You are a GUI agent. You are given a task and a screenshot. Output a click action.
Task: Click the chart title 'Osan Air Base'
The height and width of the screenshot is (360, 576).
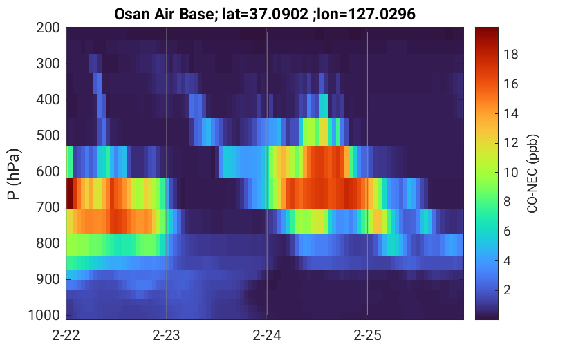[x=163, y=15]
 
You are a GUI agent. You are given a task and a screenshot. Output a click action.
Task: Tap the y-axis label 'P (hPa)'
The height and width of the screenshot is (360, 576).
[x=14, y=174]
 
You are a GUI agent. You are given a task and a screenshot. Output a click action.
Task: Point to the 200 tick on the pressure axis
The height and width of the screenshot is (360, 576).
[x=48, y=28]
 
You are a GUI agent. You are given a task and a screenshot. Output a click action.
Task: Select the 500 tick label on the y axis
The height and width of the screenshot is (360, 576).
[x=48, y=135]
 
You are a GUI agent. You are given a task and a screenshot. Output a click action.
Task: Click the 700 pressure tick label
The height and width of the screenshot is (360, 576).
[x=48, y=207]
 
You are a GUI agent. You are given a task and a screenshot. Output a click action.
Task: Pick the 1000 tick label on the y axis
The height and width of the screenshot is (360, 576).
[x=44, y=315]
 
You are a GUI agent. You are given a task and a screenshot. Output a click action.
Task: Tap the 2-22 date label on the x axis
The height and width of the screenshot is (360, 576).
[x=66, y=335]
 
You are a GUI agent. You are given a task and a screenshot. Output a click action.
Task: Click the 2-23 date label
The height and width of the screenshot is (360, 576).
[x=167, y=335]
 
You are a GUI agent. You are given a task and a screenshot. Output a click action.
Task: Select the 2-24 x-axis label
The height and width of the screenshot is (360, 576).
[x=267, y=335]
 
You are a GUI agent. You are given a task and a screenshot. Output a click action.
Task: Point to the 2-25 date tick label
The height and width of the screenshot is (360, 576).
[x=367, y=335]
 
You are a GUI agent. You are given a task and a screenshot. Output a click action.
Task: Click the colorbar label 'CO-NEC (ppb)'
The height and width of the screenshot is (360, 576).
[x=532, y=173]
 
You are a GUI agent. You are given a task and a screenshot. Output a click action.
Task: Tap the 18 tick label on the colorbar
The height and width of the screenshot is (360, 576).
[x=511, y=55]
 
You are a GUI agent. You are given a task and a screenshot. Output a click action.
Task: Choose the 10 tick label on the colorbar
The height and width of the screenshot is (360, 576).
[x=511, y=173]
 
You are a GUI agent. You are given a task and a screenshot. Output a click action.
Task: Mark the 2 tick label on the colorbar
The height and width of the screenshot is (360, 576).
[x=508, y=290]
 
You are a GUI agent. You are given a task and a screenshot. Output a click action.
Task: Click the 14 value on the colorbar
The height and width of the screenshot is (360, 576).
[x=511, y=113]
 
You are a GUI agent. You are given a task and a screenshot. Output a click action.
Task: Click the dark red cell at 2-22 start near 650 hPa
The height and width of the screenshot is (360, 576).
[x=69, y=193]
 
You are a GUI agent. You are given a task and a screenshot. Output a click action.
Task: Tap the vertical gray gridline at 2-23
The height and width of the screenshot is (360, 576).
[x=167, y=173]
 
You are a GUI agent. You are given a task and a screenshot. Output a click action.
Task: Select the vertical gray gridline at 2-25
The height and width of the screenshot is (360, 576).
[x=367, y=173]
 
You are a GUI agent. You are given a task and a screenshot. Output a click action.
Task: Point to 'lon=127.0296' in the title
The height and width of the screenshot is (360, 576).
[x=366, y=15]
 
